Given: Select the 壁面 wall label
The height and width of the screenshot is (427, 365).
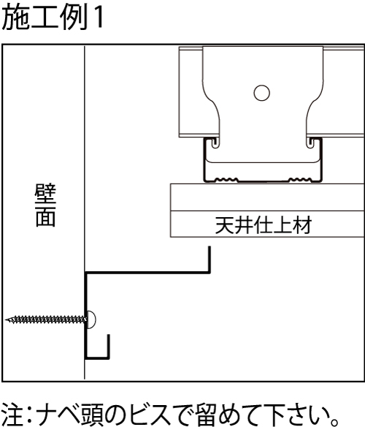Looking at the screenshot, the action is [45, 205].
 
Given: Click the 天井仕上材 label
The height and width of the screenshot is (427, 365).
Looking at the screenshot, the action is [264, 224].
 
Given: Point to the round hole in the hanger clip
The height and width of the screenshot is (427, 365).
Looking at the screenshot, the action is [261, 93].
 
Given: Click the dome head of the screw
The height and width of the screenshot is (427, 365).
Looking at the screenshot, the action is [92, 320].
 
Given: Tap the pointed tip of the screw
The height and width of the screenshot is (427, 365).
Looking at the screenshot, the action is [6, 320].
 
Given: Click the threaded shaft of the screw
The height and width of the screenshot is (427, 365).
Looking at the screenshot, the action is [46, 320].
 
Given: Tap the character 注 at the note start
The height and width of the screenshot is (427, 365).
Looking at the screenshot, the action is [12, 415].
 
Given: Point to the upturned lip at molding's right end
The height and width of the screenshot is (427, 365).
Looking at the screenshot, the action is [210, 260].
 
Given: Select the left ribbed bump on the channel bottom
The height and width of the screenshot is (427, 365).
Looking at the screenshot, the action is [226, 179].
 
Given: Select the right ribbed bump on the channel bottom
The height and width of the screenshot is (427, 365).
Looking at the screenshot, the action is [300, 179].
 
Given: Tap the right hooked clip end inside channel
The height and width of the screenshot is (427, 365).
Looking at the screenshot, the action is [310, 143].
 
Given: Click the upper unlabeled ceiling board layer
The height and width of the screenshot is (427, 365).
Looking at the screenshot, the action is [267, 197].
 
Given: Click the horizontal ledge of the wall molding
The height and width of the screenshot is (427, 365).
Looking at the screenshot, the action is [148, 272].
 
